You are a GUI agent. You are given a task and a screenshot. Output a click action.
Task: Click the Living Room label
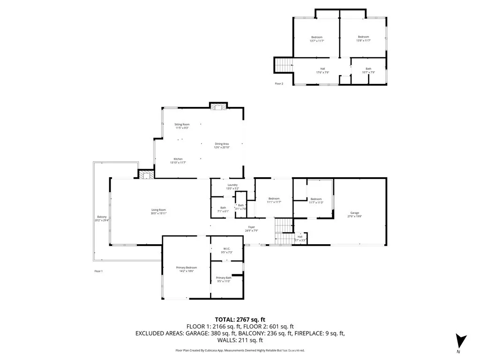[158, 211]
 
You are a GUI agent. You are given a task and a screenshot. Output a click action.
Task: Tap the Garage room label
[355, 214]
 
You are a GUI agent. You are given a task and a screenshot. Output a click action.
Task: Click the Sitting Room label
[182, 126]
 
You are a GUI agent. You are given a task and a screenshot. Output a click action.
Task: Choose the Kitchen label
[178, 161]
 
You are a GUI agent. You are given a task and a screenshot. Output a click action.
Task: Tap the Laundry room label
[233, 187]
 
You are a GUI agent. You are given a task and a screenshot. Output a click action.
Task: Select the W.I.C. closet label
[226, 251]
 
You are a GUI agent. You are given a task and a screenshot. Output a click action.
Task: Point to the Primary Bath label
[224, 279]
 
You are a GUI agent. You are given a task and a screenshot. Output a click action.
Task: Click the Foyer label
[251, 229]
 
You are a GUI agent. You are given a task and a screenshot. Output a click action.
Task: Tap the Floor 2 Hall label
[322, 70]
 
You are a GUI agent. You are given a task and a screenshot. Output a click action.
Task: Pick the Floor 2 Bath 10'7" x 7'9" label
[368, 70]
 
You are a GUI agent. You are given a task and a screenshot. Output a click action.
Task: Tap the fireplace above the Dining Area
[218, 106]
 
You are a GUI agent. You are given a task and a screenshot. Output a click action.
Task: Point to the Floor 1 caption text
[98, 271]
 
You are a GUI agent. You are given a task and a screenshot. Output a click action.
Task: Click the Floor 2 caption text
[279, 83]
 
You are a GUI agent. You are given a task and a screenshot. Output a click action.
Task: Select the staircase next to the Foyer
[283, 231]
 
